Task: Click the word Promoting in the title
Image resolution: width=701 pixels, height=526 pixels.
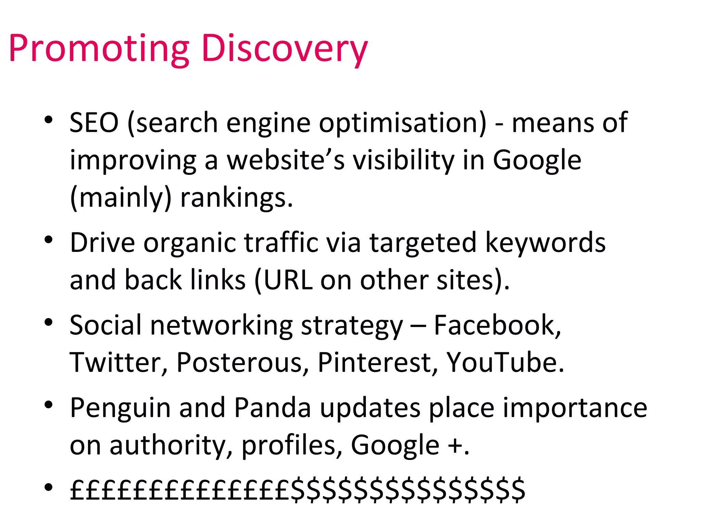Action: (99, 49)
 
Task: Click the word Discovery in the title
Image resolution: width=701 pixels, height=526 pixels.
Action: (284, 49)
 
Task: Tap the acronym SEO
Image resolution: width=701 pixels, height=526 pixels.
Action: (94, 123)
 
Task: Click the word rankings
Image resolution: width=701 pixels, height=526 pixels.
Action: (237, 198)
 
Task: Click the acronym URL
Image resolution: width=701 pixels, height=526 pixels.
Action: (288, 280)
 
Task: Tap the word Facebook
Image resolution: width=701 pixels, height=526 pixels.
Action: (497, 325)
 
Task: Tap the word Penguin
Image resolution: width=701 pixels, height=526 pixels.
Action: (120, 408)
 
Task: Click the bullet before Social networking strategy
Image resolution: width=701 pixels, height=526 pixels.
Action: (49, 322)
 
